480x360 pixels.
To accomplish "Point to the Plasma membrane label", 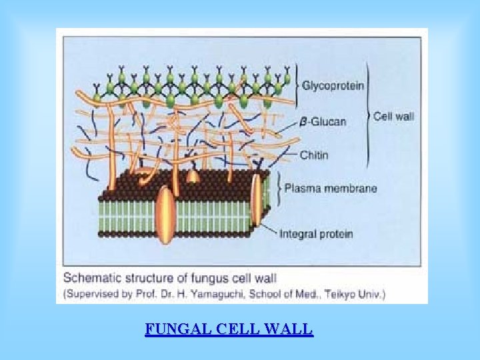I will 330,188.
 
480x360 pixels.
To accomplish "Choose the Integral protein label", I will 315,234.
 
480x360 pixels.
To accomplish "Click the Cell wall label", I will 393,116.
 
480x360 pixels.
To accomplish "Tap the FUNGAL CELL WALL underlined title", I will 229,329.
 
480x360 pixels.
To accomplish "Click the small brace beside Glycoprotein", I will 297,85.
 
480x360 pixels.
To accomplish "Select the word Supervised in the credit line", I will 89,293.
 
